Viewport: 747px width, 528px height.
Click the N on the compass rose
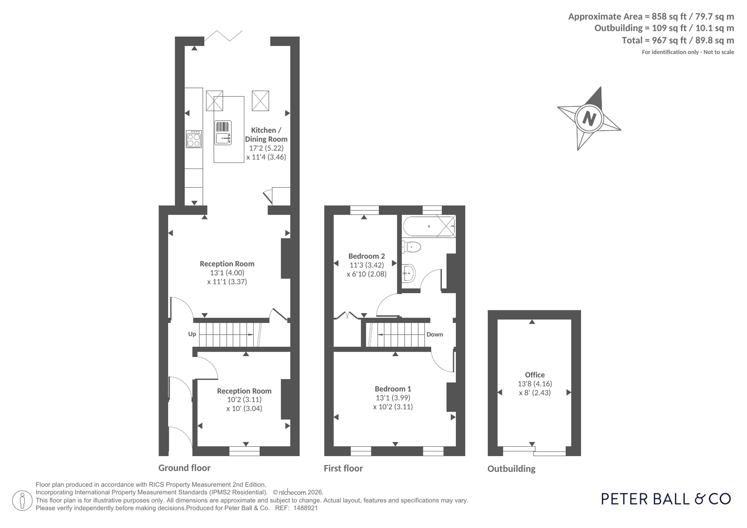(x=589, y=118)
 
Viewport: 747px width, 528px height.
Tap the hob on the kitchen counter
(x=194, y=139)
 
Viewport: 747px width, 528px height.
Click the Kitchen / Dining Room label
(x=266, y=134)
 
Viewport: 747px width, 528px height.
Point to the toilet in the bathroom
(x=411, y=247)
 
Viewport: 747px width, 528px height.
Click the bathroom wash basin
(x=408, y=273)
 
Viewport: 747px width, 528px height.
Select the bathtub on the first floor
(x=429, y=226)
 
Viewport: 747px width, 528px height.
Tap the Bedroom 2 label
(x=367, y=256)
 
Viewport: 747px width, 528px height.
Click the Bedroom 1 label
(x=393, y=389)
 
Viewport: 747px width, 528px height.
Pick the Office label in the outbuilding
(x=534, y=375)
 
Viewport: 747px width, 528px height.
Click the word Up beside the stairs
(x=192, y=334)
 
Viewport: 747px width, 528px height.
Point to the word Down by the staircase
(x=434, y=334)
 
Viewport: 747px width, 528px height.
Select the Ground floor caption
(x=185, y=468)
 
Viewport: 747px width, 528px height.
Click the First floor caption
(x=343, y=468)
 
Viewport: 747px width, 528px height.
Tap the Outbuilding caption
(x=511, y=469)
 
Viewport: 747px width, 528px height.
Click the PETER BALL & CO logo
(x=666, y=499)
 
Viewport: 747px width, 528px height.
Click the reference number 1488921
(x=305, y=508)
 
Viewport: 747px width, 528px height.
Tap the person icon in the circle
(x=22, y=500)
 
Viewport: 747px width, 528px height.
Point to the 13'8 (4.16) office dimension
(x=534, y=384)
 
